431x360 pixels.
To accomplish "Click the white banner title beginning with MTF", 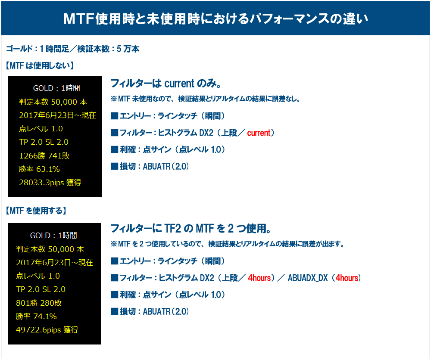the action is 215,19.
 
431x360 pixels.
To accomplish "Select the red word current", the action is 259,133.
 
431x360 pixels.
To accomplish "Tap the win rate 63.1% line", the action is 39,169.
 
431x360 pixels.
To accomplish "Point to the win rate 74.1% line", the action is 36,317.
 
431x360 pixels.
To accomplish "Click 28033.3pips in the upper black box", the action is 41,183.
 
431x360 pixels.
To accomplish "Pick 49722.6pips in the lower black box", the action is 38,330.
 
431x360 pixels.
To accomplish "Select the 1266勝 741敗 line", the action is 44,156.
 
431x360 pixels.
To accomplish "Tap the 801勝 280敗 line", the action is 39,303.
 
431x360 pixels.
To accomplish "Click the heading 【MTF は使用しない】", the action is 40,65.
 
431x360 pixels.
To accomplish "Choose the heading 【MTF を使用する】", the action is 36,211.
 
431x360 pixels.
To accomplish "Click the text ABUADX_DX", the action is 308,278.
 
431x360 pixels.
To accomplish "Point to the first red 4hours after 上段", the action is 259,278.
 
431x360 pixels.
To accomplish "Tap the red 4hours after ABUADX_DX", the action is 347,278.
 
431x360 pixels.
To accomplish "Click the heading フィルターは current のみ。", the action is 166,83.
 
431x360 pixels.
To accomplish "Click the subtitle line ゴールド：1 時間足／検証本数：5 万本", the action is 72,49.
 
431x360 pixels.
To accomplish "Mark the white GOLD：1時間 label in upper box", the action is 56,88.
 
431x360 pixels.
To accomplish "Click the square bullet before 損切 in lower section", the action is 114,311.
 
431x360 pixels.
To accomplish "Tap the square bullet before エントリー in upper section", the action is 114,116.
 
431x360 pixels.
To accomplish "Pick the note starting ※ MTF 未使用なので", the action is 205,99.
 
